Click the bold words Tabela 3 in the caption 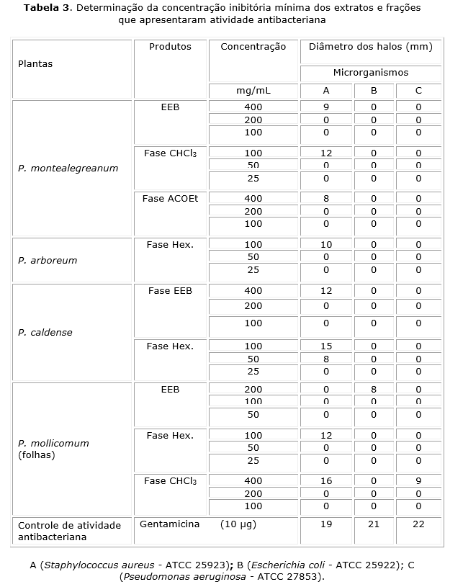coord(48,8)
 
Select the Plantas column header coord(35,63)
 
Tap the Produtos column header coord(170,47)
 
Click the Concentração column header coord(253,47)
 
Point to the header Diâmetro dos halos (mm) coord(370,47)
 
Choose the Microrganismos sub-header coord(370,73)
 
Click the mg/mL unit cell coord(253,91)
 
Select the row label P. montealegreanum coord(68,169)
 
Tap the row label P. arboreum coord(48,260)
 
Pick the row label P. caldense coord(45,333)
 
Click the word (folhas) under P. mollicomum coord(36,455)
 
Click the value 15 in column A coord(325,346)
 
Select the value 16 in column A coord(325,480)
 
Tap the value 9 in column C coord(418,480)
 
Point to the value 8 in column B coord(373,390)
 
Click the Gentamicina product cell coord(169,524)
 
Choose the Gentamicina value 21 coord(373,524)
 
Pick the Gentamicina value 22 coord(418,524)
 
